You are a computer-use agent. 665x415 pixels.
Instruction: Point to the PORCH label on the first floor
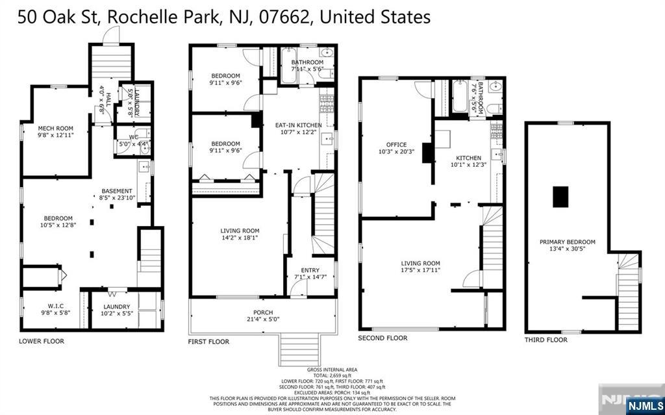coord(263,313)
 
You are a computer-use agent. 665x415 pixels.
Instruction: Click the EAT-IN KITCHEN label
coord(299,125)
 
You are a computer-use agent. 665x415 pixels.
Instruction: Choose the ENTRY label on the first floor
coord(310,270)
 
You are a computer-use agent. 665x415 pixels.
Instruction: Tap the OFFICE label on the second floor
coord(396,145)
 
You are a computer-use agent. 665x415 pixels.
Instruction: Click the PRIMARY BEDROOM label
coord(567,242)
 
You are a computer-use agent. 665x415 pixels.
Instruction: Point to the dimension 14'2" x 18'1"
coord(240,238)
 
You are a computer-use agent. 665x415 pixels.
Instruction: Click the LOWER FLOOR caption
coord(42,341)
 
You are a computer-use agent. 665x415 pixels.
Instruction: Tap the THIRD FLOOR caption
coord(546,340)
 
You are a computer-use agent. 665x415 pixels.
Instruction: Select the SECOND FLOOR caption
coord(383,338)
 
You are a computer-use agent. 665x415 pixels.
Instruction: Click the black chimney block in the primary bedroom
coord(560,196)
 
